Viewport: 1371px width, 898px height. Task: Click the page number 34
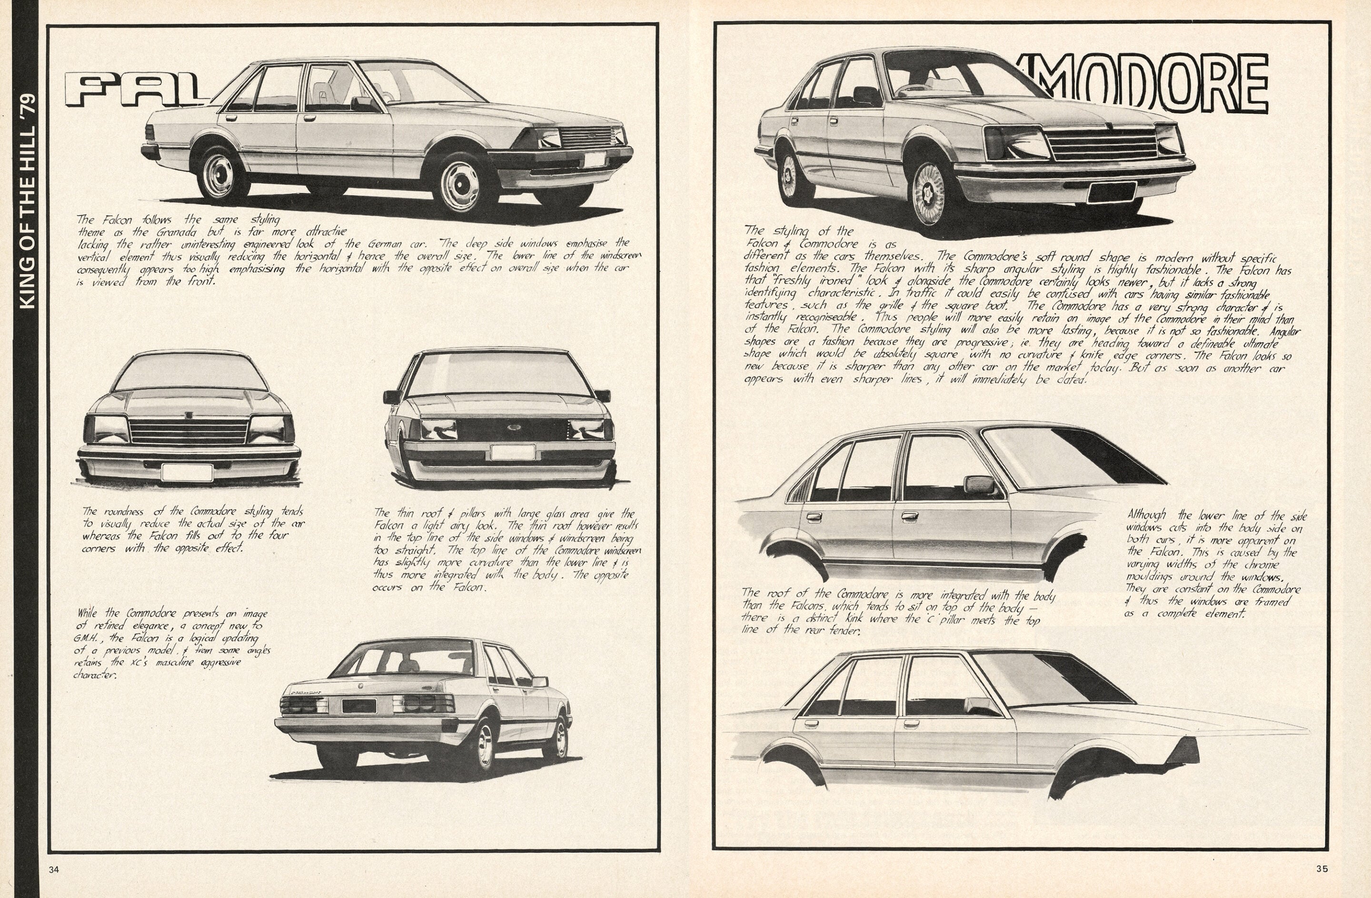[54, 869]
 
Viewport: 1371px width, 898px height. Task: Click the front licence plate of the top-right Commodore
[1111, 192]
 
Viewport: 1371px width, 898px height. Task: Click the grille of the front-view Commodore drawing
[189, 431]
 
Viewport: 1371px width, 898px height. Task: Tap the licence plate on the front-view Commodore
[187, 472]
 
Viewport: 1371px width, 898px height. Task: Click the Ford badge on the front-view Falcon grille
[513, 428]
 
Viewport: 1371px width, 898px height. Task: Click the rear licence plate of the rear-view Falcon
[358, 706]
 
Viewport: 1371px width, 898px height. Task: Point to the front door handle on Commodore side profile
[910, 516]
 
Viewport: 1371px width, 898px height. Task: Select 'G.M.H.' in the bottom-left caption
[87, 638]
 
